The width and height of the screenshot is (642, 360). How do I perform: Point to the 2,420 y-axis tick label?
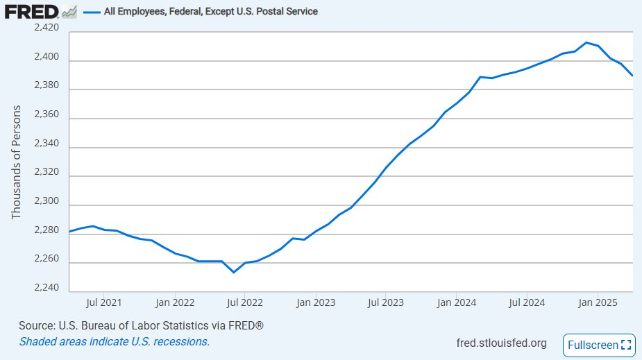(47, 28)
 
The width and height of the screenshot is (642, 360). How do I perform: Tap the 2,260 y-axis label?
(47, 260)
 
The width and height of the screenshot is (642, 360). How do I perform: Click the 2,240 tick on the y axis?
(47, 289)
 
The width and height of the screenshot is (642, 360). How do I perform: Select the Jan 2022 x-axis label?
(174, 302)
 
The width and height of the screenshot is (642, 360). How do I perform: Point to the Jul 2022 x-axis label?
(245, 302)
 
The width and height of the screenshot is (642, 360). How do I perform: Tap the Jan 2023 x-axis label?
(316, 302)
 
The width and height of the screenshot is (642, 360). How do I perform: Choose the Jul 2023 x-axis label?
(386, 302)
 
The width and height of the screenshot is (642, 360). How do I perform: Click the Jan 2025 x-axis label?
(598, 302)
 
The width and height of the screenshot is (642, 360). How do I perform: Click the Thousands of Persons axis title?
(17, 163)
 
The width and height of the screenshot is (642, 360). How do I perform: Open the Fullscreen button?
(599, 345)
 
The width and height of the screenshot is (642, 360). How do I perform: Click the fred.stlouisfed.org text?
(501, 343)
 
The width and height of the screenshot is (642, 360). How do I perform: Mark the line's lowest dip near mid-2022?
(234, 272)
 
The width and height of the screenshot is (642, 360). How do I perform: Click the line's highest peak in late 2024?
(586, 42)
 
